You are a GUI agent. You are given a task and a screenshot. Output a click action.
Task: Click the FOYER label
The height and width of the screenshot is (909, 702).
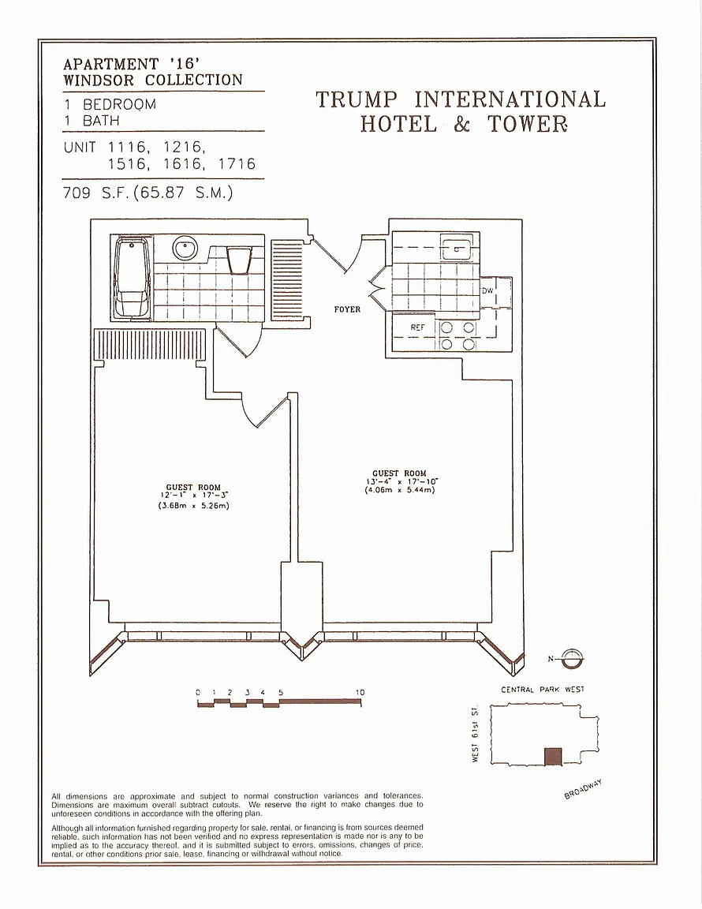click(x=347, y=309)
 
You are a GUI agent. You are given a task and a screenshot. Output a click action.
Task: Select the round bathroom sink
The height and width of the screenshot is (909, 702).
click(x=185, y=249)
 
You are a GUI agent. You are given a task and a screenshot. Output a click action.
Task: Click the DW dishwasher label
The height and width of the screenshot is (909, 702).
click(x=487, y=290)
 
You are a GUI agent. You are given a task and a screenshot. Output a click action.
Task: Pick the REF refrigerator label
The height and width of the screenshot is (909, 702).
click(x=417, y=327)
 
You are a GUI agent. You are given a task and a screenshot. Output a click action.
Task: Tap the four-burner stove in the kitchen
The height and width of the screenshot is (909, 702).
click(x=457, y=335)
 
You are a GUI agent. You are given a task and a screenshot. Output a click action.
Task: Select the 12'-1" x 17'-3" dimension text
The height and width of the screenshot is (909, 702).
click(x=193, y=496)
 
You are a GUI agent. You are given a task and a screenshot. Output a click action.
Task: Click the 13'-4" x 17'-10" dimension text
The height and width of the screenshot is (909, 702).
click(x=401, y=481)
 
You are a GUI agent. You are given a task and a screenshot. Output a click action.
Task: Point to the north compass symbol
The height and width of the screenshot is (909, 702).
click(x=572, y=658)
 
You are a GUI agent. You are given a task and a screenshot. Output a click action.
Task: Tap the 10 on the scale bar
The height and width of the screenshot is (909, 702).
click(x=360, y=692)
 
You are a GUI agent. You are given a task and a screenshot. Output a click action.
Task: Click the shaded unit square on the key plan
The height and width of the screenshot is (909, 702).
click(x=553, y=756)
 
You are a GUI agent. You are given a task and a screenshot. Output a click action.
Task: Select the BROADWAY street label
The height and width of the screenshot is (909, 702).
click(x=583, y=790)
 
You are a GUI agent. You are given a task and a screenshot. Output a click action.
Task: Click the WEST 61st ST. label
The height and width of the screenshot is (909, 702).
click(x=475, y=733)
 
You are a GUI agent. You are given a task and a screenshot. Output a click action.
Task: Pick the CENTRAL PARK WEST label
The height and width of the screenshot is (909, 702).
click(x=543, y=690)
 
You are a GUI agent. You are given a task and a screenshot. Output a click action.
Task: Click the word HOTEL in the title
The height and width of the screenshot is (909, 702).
click(x=398, y=123)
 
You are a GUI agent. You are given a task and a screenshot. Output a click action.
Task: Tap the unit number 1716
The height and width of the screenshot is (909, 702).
click(x=237, y=164)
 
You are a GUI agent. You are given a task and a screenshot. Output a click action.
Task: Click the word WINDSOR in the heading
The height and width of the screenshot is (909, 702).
click(x=99, y=80)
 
